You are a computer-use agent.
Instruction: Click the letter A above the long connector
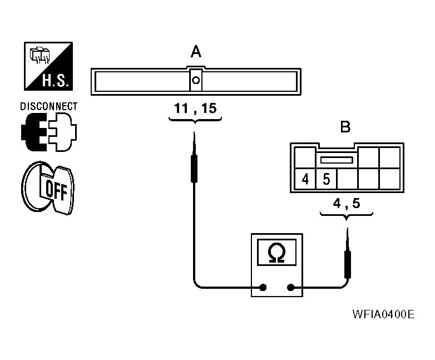(x=196, y=52)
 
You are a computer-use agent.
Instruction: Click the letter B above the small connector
(x=345, y=127)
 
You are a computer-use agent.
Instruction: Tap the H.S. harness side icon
(x=48, y=66)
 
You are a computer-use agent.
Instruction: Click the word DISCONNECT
(x=49, y=106)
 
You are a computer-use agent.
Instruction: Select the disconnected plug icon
(x=49, y=132)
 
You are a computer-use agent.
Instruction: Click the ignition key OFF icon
(x=48, y=188)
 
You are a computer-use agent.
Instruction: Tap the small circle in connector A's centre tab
(x=196, y=80)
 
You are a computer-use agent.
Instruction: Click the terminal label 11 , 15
(x=195, y=109)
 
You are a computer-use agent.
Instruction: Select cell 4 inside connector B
(x=305, y=179)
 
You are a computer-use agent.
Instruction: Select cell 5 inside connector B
(x=327, y=179)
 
